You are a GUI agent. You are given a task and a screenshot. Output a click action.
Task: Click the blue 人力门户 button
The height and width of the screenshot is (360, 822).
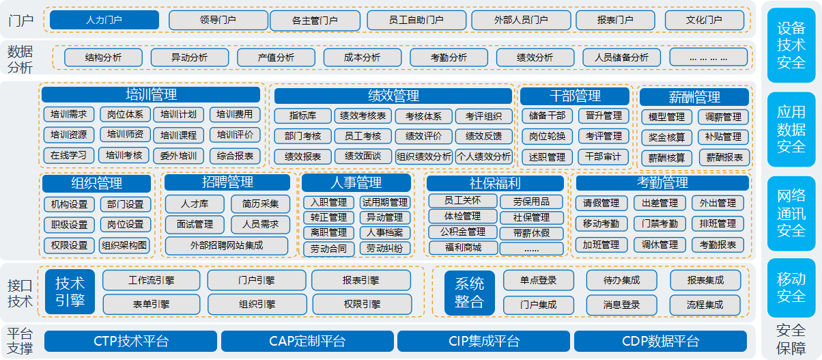coord(104,20)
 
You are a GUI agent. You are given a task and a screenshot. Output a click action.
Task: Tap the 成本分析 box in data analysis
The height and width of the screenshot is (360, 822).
coord(363,57)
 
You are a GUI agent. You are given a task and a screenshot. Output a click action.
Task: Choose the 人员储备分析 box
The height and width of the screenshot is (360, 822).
coord(621,57)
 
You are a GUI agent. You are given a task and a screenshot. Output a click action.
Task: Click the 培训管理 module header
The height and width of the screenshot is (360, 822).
coord(151,94)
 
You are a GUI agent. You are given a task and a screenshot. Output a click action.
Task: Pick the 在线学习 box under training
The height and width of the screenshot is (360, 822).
coord(68,156)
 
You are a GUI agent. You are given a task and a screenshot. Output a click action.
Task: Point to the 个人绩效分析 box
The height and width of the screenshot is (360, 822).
coord(484,156)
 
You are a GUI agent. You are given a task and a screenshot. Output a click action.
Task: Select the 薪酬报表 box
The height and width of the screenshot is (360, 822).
coord(724,158)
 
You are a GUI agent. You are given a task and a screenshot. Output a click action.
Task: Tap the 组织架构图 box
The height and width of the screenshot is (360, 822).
coord(124,245)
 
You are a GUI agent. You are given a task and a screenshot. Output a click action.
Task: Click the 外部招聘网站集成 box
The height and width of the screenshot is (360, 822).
coord(227,245)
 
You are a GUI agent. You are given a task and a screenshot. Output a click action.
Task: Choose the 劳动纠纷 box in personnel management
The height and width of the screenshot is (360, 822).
coord(385,249)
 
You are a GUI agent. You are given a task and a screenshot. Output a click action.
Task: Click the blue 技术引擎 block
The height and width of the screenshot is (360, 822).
coord(70,292)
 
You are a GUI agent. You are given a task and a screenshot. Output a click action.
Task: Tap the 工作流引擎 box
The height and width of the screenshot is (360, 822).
coord(152,280)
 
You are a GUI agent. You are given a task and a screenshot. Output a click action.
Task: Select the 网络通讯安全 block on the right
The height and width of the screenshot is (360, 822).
coord(791,213)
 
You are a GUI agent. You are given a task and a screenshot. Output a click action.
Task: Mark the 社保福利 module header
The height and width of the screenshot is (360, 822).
coord(495,183)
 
